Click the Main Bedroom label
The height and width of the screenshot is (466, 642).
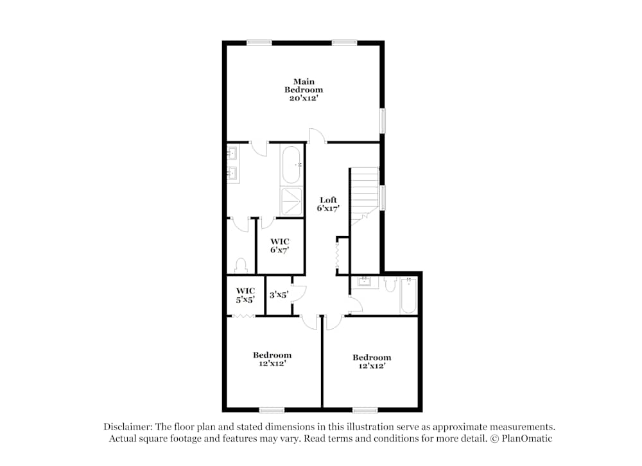(x=304, y=90)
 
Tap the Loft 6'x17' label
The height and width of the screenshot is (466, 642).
(x=328, y=204)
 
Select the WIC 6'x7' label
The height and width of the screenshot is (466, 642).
(x=280, y=245)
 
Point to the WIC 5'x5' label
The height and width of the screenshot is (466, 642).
(x=245, y=295)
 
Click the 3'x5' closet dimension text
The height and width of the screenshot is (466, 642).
(x=279, y=294)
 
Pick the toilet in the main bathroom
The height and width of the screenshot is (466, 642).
(x=241, y=266)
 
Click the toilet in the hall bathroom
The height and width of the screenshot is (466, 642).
(x=390, y=283)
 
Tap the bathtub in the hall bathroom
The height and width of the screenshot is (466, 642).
(x=408, y=295)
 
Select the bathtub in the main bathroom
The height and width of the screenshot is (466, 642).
(x=291, y=165)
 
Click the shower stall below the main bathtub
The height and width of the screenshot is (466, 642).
(x=291, y=201)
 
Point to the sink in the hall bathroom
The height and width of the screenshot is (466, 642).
(x=363, y=282)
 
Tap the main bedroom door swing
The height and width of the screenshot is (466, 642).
(x=318, y=135)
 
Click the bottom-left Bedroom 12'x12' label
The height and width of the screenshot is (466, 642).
(x=272, y=359)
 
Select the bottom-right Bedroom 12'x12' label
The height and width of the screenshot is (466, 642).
(x=372, y=362)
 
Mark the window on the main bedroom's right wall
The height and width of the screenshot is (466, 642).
(x=383, y=121)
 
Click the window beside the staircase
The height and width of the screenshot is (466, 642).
(x=383, y=198)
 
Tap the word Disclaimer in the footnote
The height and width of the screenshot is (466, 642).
(x=128, y=427)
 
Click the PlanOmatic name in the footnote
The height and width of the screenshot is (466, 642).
(x=527, y=438)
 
